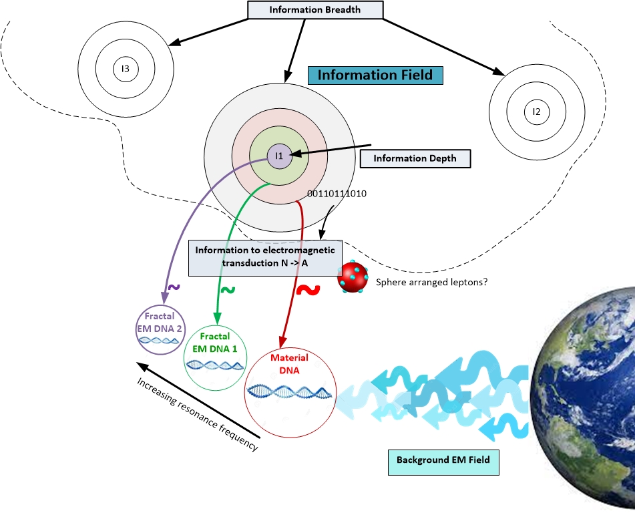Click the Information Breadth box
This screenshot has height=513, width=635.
[315, 10]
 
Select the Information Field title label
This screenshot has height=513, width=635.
[375, 74]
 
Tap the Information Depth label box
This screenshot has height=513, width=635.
[415, 158]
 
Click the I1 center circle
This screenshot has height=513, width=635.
[280, 156]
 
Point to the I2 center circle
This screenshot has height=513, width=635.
[536, 111]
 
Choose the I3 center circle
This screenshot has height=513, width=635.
[125, 68]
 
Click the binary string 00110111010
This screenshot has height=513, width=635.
[337, 194]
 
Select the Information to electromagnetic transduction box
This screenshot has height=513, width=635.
[266, 257]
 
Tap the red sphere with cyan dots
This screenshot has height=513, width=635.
[355, 278]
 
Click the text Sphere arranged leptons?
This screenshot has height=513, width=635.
[431, 282]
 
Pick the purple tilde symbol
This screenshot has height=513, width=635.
[173, 287]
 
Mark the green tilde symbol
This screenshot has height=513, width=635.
[228, 290]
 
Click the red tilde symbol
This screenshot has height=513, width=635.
[307, 289]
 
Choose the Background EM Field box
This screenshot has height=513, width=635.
[443, 460]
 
